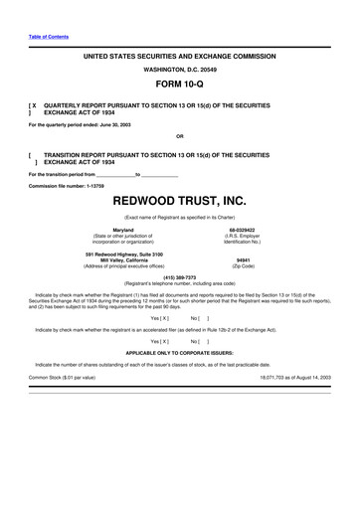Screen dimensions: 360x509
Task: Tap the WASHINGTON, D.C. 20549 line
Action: (180, 70)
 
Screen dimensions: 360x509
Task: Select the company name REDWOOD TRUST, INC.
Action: (180, 200)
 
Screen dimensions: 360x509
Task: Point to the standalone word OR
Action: (180, 135)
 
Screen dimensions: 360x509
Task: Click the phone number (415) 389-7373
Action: (180, 276)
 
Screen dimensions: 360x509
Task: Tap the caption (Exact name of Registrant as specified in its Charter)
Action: (180, 216)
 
